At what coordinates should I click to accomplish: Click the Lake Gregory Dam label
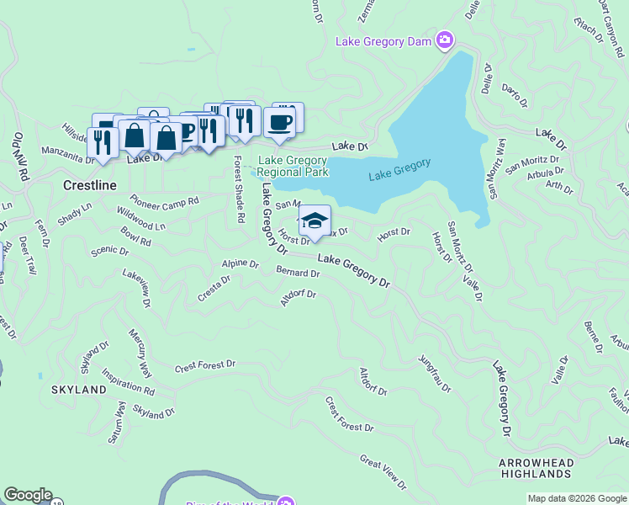coord(383,40)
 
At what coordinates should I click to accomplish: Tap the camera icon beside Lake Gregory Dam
coord(445,40)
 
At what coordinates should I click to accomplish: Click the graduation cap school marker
coord(314,221)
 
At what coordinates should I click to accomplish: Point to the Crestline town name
coord(89,184)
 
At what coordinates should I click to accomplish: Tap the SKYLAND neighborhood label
coord(79,390)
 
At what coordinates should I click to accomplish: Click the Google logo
coord(28,495)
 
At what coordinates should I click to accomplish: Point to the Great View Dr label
coord(383,472)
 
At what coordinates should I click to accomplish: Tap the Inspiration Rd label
coord(129,380)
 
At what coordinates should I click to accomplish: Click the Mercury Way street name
coord(140,352)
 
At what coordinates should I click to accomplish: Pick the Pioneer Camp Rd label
coord(164,202)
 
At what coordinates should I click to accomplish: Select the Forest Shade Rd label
coord(239,189)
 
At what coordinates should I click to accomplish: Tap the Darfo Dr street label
coord(514,94)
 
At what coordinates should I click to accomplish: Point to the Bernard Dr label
coord(298,273)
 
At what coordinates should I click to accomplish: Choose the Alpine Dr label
coord(240,263)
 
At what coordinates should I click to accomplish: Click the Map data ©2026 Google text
coord(576,498)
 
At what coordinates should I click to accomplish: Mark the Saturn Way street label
coord(121,419)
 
